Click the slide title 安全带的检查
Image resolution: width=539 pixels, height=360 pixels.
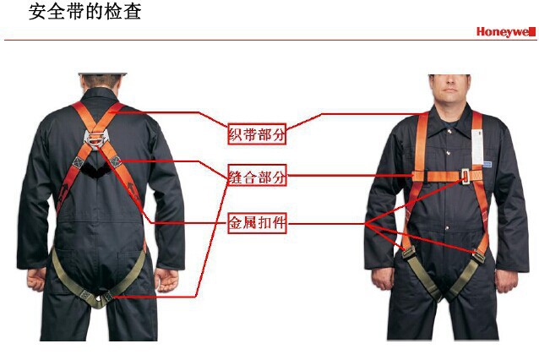pyautogui.click(x=85, y=13)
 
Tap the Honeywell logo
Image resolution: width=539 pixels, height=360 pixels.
pyautogui.click(x=505, y=32)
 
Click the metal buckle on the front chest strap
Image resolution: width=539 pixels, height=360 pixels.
pyautogui.click(x=464, y=177)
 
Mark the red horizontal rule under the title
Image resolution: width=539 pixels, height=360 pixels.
pyautogui.click(x=270, y=40)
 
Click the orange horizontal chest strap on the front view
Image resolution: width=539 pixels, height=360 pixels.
pyautogui.click(x=435, y=176)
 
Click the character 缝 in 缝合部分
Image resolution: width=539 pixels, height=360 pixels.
pyautogui.click(x=237, y=177)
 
